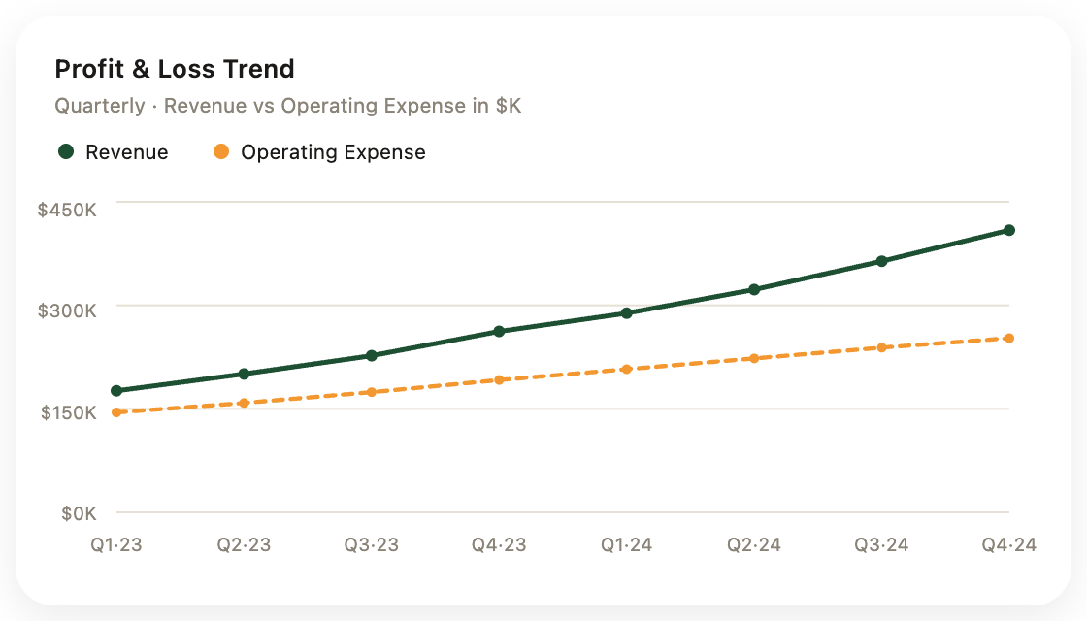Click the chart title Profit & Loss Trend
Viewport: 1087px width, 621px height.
pos(175,69)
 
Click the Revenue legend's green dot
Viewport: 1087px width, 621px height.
pos(66,151)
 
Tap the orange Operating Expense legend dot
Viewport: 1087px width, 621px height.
pos(221,151)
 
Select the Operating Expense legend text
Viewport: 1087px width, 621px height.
pos(334,152)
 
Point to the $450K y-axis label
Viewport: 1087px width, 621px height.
pos(67,210)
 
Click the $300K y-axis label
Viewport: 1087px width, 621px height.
pos(67,310)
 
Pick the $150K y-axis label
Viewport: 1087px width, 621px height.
pos(69,413)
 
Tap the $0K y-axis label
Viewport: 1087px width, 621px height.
pos(79,513)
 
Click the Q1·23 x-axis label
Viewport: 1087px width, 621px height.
pos(116,544)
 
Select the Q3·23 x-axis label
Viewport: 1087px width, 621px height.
pos(372,544)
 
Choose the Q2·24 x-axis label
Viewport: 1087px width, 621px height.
pos(754,544)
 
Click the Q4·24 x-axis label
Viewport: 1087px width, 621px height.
pos(1009,544)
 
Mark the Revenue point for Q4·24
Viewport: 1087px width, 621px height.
pos(1009,230)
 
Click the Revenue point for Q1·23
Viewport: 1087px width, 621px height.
pos(116,391)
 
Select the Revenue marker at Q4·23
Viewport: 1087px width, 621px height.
pos(499,331)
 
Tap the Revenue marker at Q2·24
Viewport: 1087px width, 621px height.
pos(754,290)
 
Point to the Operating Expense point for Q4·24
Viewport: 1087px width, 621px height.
pos(1009,339)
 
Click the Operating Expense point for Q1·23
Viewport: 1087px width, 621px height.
pos(116,412)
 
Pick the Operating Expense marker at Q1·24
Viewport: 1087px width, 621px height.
pos(627,370)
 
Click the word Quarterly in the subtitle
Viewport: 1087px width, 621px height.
pos(100,106)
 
